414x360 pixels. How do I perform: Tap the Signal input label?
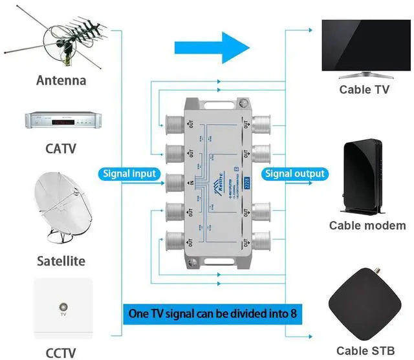(x=129, y=174)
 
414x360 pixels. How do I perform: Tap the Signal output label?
(x=294, y=174)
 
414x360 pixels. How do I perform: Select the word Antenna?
(x=61, y=81)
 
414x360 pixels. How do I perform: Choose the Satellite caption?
(x=61, y=261)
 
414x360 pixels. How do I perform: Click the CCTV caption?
(x=61, y=352)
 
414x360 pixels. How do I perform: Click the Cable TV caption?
(x=364, y=90)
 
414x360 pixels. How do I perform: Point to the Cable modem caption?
(x=367, y=226)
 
